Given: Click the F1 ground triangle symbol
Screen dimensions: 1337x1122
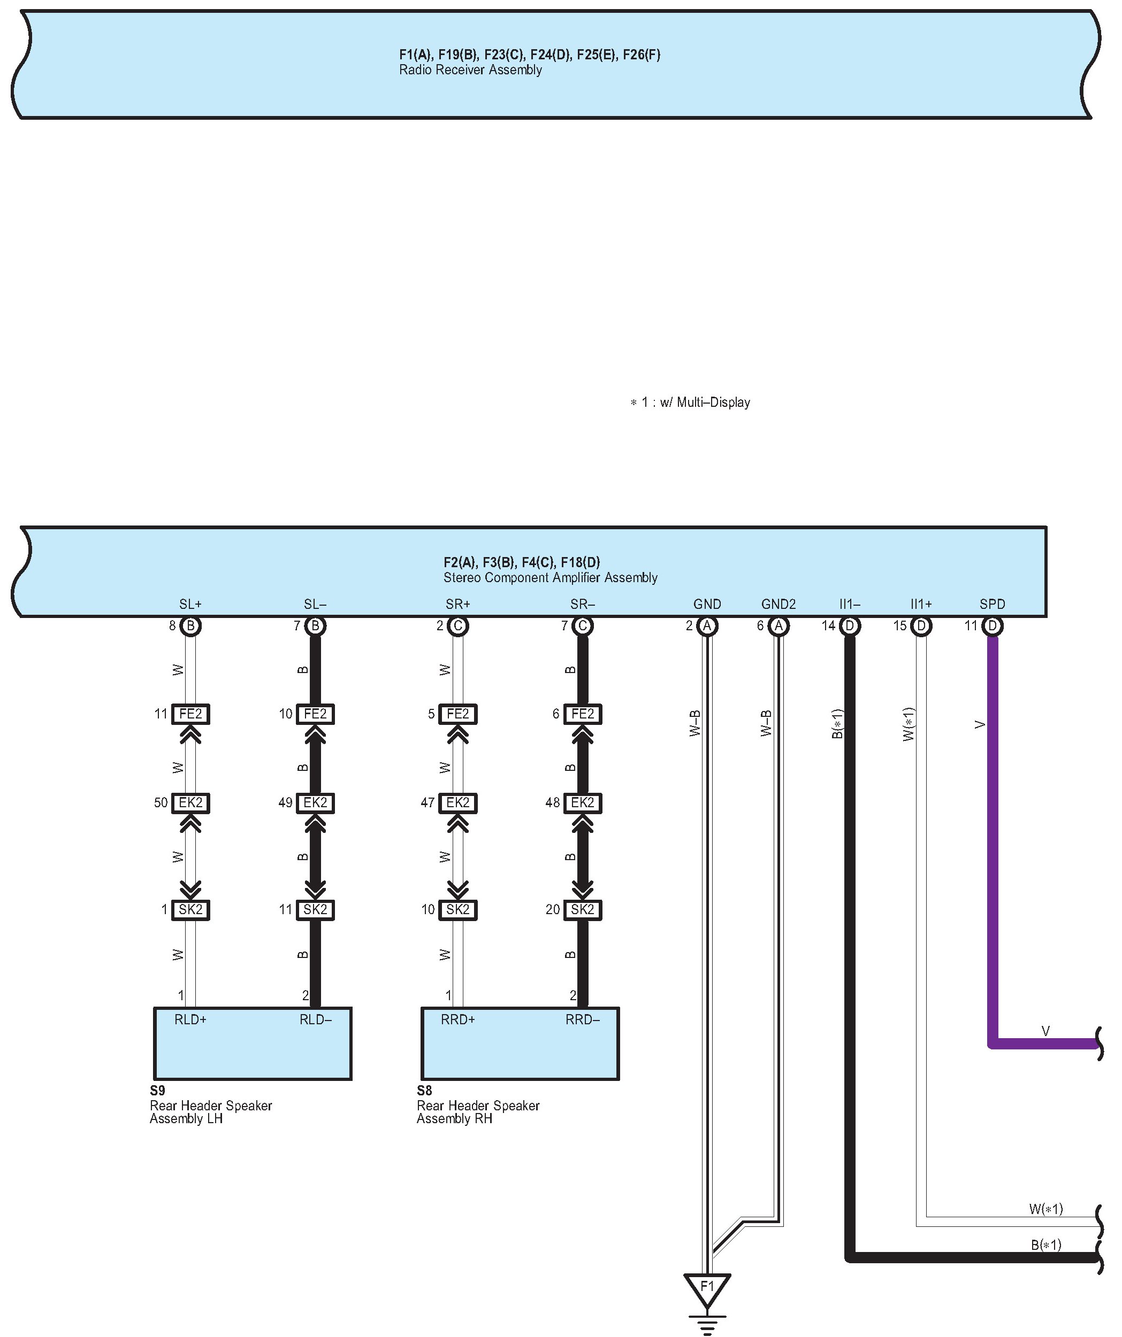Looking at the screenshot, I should pyautogui.click(x=707, y=1288).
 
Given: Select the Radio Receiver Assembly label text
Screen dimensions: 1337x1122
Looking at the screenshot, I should pyautogui.click(x=470, y=70).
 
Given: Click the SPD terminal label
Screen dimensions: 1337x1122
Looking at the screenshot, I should pyautogui.click(x=992, y=604).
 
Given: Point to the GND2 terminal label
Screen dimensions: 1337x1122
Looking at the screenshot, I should pyautogui.click(x=778, y=604).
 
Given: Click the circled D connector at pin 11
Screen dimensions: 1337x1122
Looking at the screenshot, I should pyautogui.click(x=992, y=626).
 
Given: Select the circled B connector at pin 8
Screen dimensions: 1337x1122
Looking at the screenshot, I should pyautogui.click(x=190, y=626).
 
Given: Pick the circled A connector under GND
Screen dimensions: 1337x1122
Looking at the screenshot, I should pyautogui.click(x=707, y=626).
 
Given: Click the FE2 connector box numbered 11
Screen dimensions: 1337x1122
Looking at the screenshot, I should pyautogui.click(x=190, y=714).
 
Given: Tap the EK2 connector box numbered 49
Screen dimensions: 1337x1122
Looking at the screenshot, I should pyautogui.click(x=315, y=803).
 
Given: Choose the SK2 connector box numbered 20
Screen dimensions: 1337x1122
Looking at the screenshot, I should pyautogui.click(x=582, y=910).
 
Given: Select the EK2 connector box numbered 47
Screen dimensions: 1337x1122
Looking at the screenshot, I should pyautogui.click(x=457, y=803).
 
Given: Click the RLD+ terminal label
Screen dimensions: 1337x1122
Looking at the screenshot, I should pyautogui.click(x=190, y=1019).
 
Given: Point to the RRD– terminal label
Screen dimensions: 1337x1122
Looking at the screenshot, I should pyautogui.click(x=582, y=1019).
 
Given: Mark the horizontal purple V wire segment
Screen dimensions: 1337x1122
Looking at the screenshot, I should pyautogui.click(x=1045, y=1044).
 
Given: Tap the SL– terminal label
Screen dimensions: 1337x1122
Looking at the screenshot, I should pyautogui.click(x=315, y=604).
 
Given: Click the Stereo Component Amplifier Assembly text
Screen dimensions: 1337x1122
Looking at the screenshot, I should pyautogui.click(x=550, y=578).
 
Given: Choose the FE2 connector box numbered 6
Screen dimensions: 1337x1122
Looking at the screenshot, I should pyautogui.click(x=582, y=714).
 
